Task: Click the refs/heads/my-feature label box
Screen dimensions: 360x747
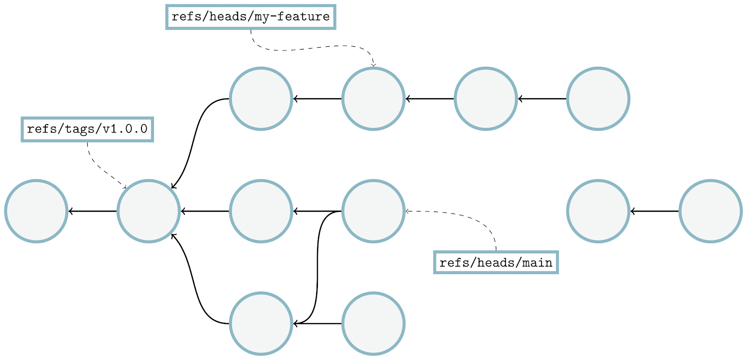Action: [x=251, y=17]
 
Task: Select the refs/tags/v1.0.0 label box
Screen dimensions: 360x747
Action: [x=87, y=129]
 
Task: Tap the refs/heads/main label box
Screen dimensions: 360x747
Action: [x=496, y=262]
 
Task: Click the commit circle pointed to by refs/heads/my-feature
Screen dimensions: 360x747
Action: [x=373, y=99]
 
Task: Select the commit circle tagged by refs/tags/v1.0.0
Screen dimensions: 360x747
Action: [x=148, y=211]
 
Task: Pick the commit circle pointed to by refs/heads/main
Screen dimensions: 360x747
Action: [x=373, y=211]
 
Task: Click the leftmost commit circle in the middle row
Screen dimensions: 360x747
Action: [x=36, y=211]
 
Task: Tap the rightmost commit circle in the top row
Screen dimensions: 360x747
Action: [x=598, y=99]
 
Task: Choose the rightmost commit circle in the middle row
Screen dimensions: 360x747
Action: [x=710, y=211]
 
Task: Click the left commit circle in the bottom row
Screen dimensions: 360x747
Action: [x=261, y=324]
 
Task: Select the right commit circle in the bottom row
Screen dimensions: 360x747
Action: [x=373, y=324]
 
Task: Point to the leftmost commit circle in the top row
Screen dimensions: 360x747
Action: [x=261, y=99]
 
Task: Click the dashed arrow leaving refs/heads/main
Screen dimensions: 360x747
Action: [x=472, y=217]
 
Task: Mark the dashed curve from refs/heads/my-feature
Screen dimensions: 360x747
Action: [x=308, y=48]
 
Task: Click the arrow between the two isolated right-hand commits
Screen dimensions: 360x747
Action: [x=654, y=211]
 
